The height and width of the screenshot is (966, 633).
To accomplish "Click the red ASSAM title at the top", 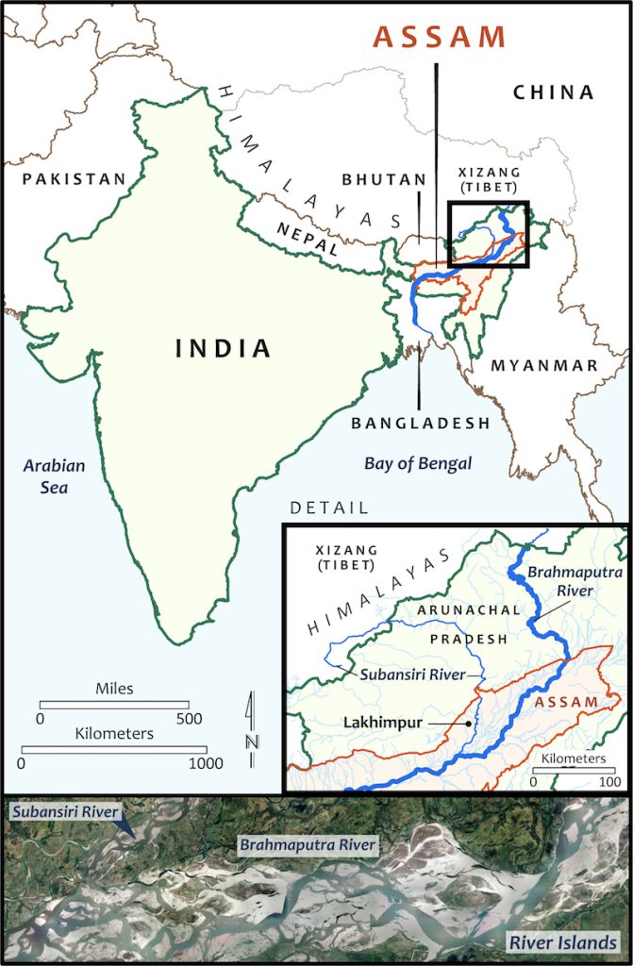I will tap(440, 37).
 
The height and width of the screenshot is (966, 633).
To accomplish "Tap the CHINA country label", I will tap(554, 92).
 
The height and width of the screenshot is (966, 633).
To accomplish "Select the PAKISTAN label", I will tap(75, 179).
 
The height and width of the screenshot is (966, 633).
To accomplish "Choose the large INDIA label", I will tap(224, 348).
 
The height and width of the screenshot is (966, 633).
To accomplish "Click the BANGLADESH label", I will tap(421, 424).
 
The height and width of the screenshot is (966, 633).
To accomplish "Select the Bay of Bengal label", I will tap(418, 463).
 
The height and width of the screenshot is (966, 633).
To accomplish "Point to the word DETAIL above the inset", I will tap(329, 508).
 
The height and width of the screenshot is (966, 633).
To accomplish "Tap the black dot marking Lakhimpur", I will tap(469, 724).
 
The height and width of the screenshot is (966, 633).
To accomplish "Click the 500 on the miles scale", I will tap(189, 719).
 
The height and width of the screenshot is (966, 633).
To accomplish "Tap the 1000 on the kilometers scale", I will tap(205, 763).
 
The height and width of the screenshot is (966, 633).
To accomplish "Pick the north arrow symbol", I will tap(251, 722).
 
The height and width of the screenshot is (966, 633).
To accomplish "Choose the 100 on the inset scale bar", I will tap(610, 781).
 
